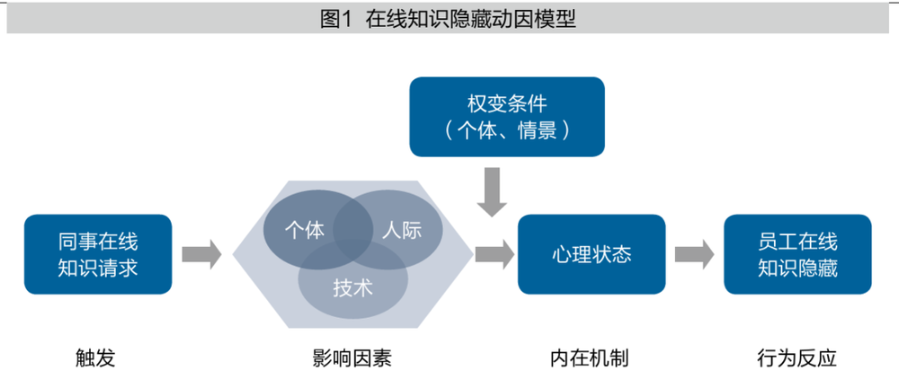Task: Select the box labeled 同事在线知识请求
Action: (x=98, y=254)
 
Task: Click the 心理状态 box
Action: (x=591, y=254)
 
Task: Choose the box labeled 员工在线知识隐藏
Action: (x=797, y=254)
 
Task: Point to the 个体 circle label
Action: (x=304, y=229)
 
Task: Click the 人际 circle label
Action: (x=400, y=229)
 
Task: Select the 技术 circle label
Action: (x=352, y=288)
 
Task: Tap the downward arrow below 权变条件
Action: (x=493, y=191)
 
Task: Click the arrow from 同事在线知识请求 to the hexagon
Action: (x=201, y=254)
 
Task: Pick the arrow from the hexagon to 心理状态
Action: (x=494, y=254)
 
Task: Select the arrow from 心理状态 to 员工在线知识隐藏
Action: (x=694, y=254)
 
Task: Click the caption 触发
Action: (x=95, y=358)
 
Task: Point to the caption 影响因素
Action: (x=352, y=358)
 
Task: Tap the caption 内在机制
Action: (x=590, y=358)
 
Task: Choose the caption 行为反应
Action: (x=797, y=358)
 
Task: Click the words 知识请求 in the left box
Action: (x=98, y=268)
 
